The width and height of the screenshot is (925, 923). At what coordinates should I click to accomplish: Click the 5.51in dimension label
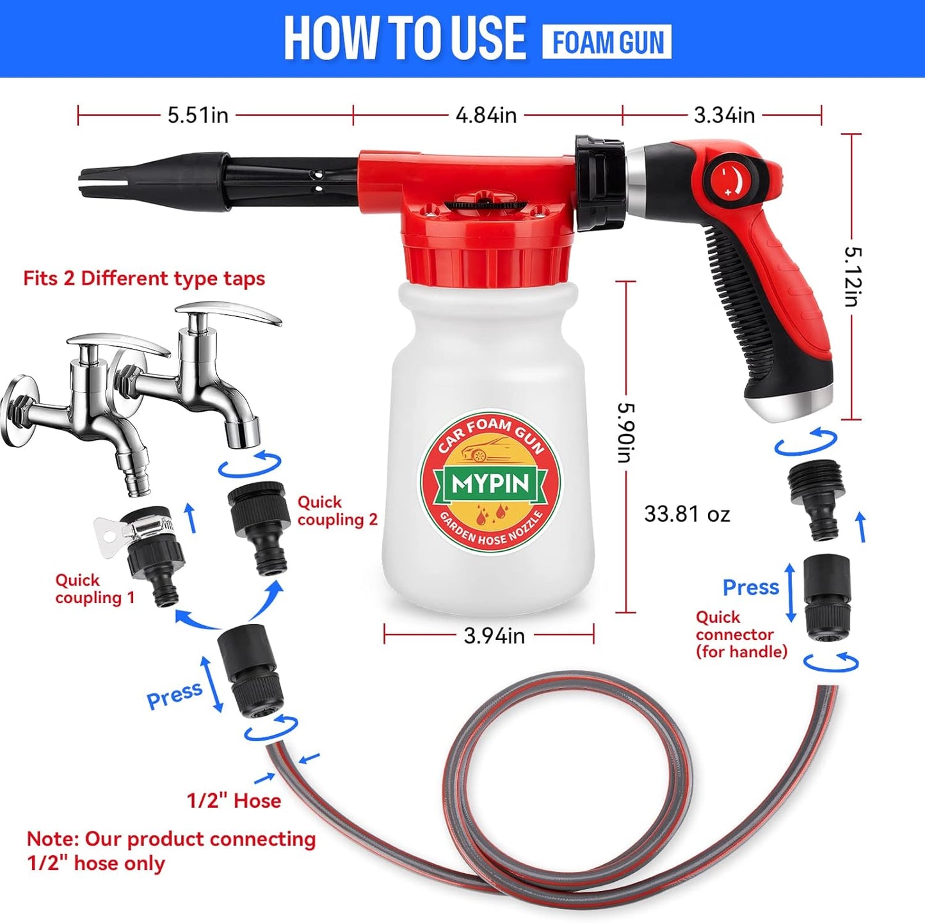click(x=198, y=115)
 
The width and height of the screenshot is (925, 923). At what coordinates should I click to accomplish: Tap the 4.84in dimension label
click(x=486, y=115)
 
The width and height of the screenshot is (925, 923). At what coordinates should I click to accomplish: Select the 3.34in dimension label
click(x=724, y=115)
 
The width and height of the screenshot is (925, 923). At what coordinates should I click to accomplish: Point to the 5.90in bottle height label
click(x=625, y=431)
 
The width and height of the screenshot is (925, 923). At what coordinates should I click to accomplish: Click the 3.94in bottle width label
click(x=494, y=636)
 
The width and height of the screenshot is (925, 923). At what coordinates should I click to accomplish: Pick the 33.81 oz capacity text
click(x=687, y=514)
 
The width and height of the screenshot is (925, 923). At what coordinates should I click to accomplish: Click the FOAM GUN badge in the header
click(x=607, y=42)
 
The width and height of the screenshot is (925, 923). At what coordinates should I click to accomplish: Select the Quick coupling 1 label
click(x=95, y=589)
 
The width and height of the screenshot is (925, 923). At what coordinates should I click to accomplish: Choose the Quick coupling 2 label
click(x=337, y=511)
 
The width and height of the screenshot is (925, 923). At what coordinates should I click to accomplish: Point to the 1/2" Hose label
click(x=234, y=801)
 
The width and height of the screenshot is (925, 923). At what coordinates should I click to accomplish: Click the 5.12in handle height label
click(x=852, y=277)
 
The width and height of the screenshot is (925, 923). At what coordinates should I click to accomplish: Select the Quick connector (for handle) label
click(x=741, y=634)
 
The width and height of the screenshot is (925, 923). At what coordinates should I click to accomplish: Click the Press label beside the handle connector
click(x=750, y=587)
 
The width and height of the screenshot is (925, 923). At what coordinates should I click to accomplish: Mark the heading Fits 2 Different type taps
click(x=144, y=278)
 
